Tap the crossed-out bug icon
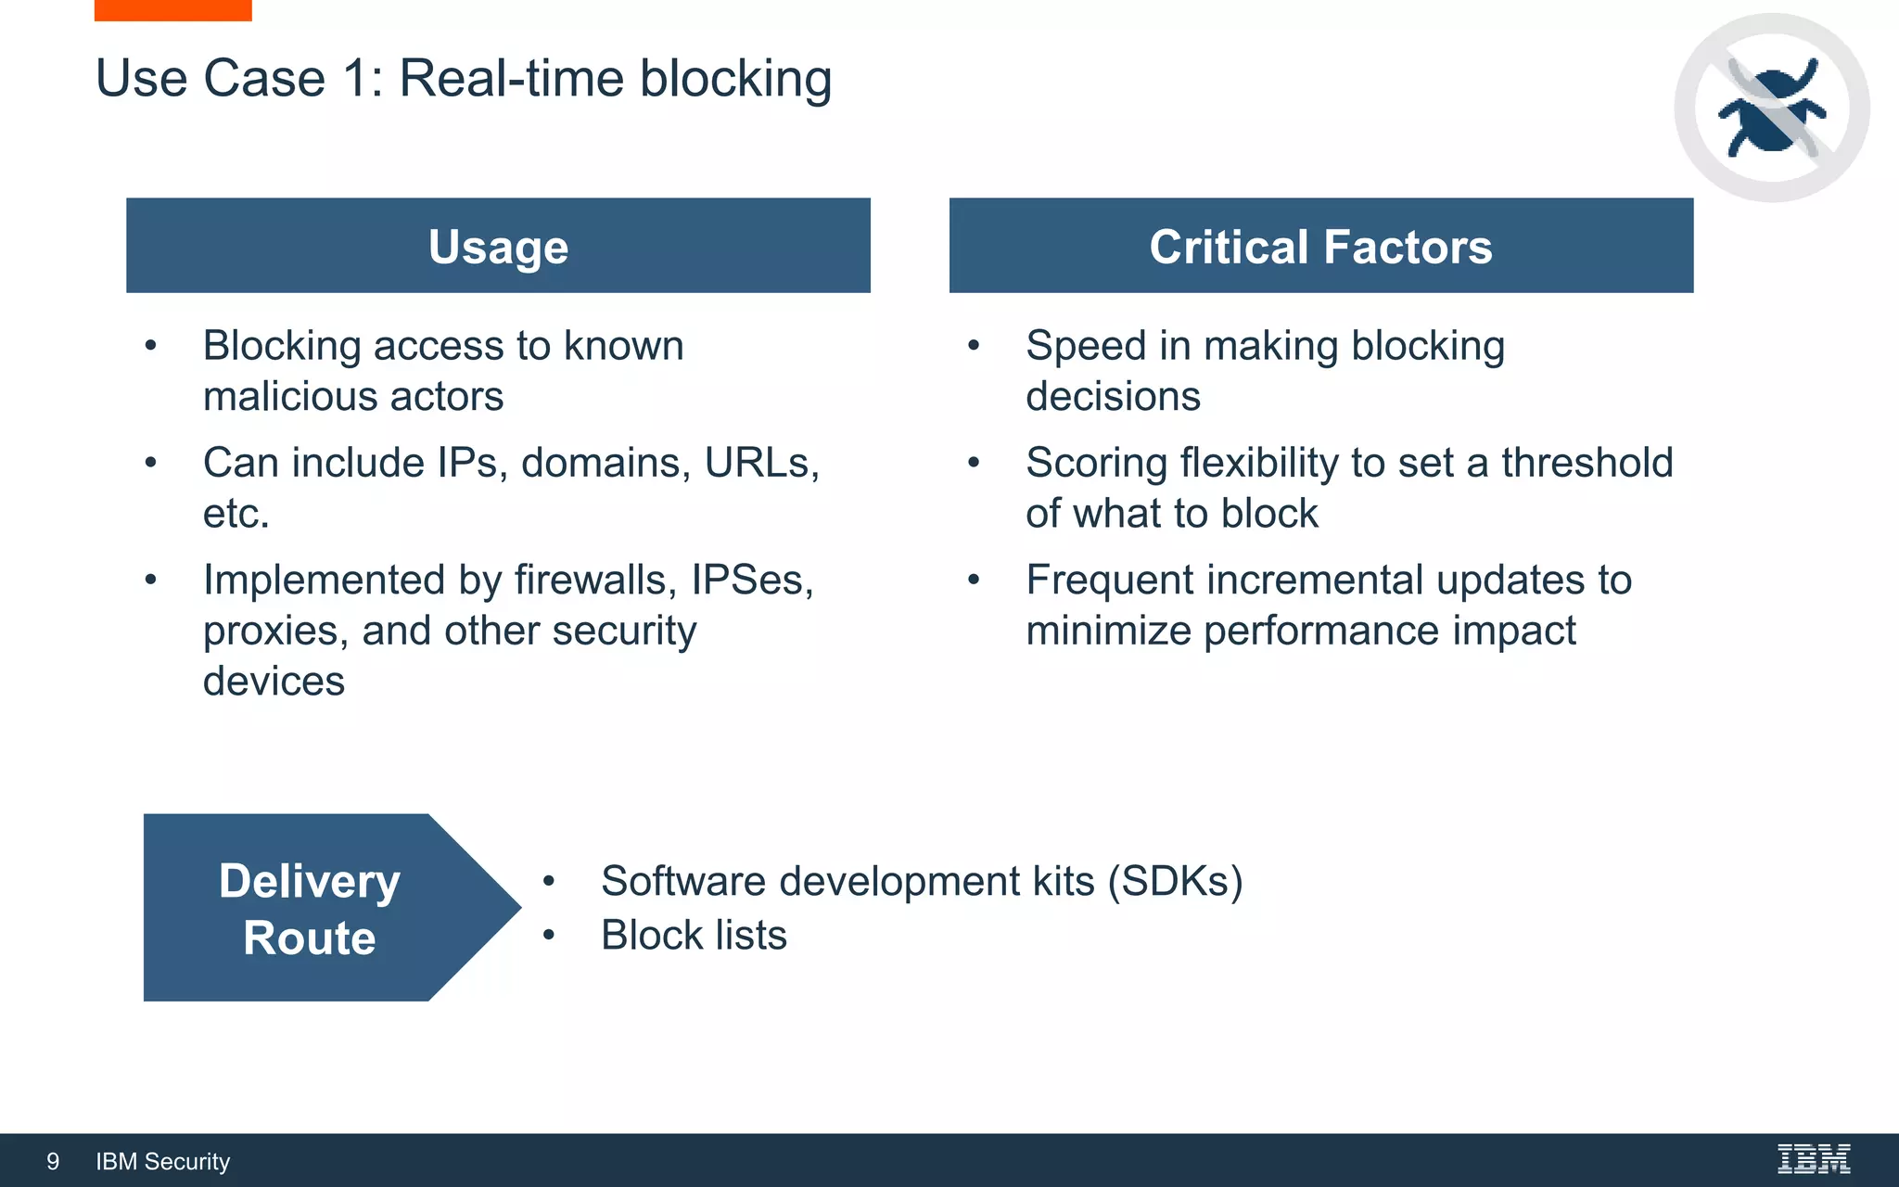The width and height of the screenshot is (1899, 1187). pyautogui.click(x=1771, y=108)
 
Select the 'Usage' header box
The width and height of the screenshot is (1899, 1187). pyautogui.click(x=498, y=246)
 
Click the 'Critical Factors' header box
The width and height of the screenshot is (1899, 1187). pyautogui.click(x=1320, y=246)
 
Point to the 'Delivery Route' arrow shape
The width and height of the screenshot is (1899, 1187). pyautogui.click(x=311, y=908)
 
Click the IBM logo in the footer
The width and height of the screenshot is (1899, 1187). pyautogui.click(x=1813, y=1159)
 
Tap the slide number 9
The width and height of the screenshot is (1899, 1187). pyautogui.click(x=53, y=1161)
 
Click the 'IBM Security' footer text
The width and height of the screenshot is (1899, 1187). pyautogui.click(x=162, y=1161)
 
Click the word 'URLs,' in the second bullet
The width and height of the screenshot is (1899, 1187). pyautogui.click(x=761, y=463)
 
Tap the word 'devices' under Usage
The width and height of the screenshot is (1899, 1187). pyautogui.click(x=274, y=682)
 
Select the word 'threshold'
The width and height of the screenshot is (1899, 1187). pyautogui.click(x=1587, y=463)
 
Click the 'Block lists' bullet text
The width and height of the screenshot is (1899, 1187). pyautogui.click(x=694, y=935)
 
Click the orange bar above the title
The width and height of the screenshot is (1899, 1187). pyautogui.click(x=172, y=9)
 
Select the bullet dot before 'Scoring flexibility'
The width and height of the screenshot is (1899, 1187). pyautogui.click(x=974, y=462)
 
